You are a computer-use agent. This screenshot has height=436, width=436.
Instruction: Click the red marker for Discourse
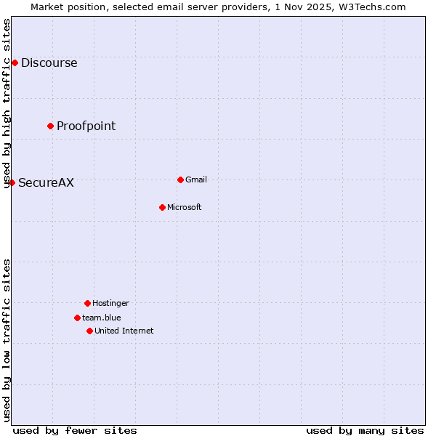[15, 62]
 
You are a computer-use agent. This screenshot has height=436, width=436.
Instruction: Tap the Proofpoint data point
[50, 126]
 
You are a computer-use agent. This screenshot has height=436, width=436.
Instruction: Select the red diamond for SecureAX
[12, 182]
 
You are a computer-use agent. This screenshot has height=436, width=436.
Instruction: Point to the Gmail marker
[180, 179]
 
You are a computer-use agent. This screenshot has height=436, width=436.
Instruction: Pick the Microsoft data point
[162, 207]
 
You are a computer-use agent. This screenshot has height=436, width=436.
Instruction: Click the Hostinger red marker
[87, 303]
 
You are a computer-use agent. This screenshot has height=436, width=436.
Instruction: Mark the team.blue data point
[77, 318]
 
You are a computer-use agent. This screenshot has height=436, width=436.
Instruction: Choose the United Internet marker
[89, 331]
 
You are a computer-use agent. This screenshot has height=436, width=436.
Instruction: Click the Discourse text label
[49, 62]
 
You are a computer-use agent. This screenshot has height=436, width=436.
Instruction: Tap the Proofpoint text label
[86, 126]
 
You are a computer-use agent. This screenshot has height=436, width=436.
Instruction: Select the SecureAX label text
[46, 182]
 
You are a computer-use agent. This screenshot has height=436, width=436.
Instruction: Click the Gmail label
[195, 179]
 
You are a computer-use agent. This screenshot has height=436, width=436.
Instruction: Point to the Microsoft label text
[184, 207]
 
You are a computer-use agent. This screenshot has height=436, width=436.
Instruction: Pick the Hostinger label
[110, 303]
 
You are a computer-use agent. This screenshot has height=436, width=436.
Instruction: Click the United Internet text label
[124, 331]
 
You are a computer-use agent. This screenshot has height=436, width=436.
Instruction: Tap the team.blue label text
[101, 318]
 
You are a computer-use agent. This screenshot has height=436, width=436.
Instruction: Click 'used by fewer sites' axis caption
[75, 430]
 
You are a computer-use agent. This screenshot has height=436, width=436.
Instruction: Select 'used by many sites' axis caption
[365, 430]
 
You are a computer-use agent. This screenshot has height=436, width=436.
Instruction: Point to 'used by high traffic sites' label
[7, 103]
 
